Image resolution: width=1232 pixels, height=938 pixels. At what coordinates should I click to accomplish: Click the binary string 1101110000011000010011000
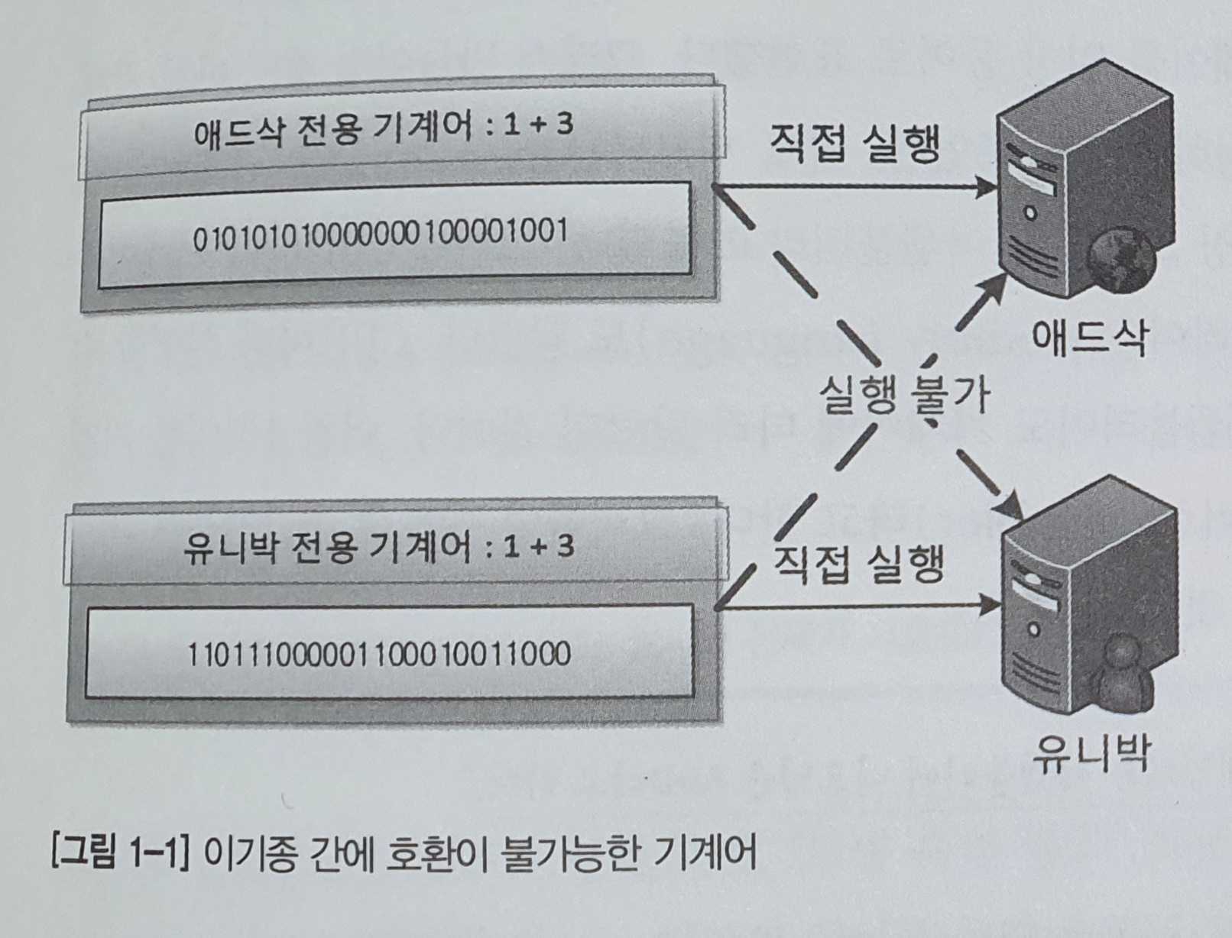379,654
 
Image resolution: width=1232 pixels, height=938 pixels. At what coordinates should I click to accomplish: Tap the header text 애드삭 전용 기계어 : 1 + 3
383,128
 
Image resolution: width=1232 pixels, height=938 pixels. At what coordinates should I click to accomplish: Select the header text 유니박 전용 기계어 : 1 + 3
378,548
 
